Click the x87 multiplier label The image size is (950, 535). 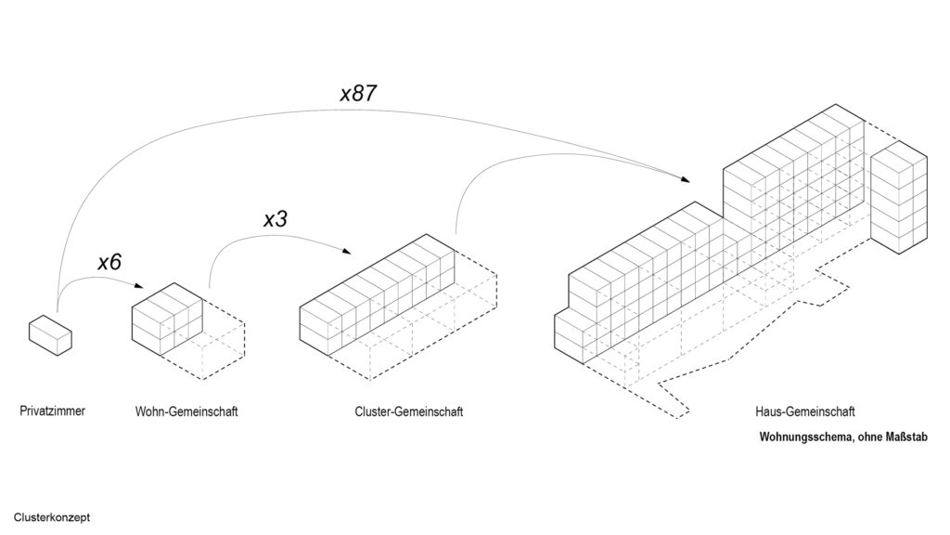[x=359, y=94]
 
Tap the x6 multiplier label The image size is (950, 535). [x=109, y=262]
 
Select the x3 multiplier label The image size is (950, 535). [x=275, y=219]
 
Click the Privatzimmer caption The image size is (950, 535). [x=53, y=411]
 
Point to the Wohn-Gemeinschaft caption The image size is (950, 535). [x=186, y=411]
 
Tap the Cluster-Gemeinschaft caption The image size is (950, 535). [x=409, y=411]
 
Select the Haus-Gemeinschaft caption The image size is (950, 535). [x=805, y=411]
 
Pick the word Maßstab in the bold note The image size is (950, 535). [x=906, y=437]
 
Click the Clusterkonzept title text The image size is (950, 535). [x=52, y=517]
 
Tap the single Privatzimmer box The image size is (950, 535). [x=50, y=335]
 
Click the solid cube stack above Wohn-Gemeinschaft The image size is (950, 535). [x=167, y=320]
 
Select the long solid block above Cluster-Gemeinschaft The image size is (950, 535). [x=377, y=294]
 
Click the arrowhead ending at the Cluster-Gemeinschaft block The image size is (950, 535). [x=347, y=251]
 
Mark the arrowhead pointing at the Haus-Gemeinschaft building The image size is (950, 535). [x=686, y=179]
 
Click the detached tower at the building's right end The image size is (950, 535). [x=899, y=197]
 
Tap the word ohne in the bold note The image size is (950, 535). [x=870, y=437]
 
